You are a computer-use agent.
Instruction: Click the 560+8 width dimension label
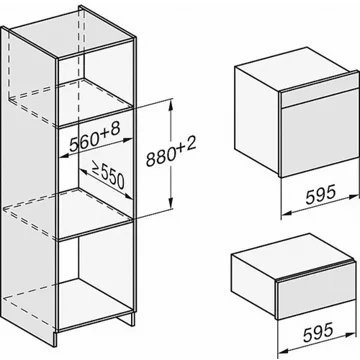(x=94, y=138)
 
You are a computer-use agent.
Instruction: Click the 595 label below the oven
(x=320, y=195)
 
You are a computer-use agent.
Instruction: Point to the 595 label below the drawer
(x=318, y=332)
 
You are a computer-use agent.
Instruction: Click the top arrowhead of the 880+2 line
(x=170, y=105)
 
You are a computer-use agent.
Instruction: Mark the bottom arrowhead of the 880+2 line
(x=170, y=203)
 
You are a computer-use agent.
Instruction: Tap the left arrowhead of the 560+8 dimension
(x=65, y=155)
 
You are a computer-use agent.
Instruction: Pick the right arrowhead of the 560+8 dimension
(x=128, y=141)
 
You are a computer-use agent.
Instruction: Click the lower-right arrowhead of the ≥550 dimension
(x=128, y=196)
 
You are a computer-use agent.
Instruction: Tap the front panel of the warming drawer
(x=316, y=293)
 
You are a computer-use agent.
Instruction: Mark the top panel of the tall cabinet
(x=73, y=33)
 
